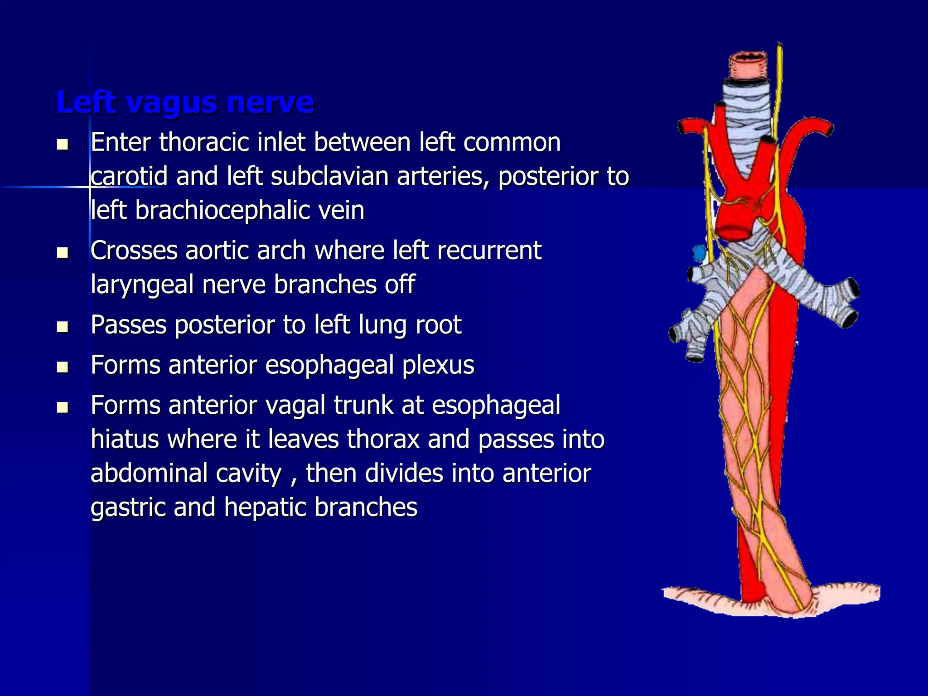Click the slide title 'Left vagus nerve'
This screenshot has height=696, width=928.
(x=185, y=102)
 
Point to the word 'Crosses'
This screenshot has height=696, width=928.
(x=134, y=250)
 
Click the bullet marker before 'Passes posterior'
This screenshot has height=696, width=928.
(x=63, y=326)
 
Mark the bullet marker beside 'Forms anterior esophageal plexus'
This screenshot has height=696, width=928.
(x=63, y=366)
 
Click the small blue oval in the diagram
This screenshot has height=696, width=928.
(x=700, y=252)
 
